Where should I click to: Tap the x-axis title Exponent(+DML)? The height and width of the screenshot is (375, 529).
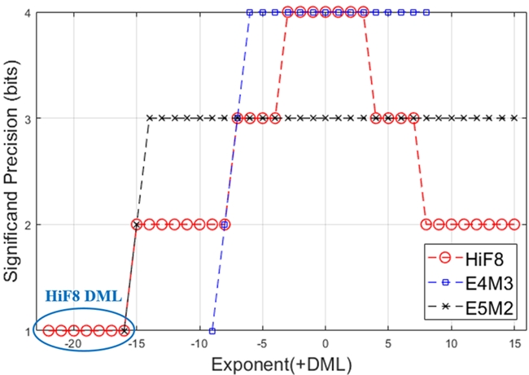282,364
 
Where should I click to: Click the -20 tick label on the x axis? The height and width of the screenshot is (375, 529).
74,344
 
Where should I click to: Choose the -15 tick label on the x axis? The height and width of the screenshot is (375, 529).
137,344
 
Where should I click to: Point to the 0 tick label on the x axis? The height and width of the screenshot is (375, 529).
326,344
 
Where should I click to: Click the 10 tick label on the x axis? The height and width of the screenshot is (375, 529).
451,344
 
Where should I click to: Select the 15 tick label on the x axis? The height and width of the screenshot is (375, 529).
514,344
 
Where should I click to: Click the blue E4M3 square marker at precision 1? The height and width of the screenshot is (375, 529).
212,330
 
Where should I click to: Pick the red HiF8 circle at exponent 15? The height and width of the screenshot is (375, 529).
514,224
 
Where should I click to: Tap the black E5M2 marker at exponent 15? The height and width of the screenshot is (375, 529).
514,118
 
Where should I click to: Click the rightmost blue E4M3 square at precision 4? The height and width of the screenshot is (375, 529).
426,12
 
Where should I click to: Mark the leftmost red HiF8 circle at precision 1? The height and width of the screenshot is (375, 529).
49,330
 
